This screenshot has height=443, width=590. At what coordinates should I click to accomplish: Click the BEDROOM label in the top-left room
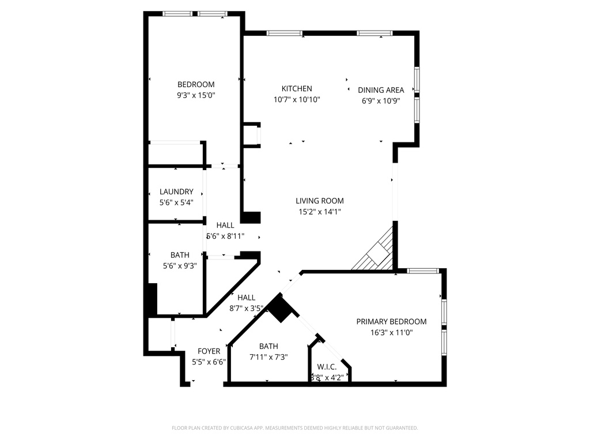tap(196, 84)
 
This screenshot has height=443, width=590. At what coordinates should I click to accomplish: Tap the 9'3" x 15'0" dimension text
tap(196, 95)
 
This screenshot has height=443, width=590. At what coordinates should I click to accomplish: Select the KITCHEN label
tap(297, 88)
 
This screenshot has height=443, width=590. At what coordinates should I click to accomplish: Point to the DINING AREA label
tap(381, 90)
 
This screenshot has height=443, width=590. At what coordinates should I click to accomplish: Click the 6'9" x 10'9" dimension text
tap(381, 100)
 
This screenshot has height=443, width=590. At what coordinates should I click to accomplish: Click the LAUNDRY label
tap(176, 192)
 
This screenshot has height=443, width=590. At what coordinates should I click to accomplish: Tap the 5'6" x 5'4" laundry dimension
tap(176, 202)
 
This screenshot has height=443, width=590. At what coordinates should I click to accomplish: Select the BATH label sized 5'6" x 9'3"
tap(180, 255)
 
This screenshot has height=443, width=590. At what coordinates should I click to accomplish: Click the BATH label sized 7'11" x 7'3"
tap(268, 346)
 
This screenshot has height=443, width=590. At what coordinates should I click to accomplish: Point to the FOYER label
tap(209, 351)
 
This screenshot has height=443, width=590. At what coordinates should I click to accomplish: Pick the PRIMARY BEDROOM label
tap(391, 321)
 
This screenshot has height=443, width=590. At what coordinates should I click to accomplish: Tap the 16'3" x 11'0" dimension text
tap(391, 332)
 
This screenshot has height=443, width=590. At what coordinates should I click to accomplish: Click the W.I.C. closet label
tap(327, 367)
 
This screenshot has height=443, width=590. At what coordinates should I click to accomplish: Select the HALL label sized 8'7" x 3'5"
tap(246, 298)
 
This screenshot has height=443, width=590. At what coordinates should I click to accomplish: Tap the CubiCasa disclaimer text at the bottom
tap(295, 428)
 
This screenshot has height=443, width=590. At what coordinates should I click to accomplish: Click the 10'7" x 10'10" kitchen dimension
tap(297, 99)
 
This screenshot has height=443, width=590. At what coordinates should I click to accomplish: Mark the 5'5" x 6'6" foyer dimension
tap(209, 362)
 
